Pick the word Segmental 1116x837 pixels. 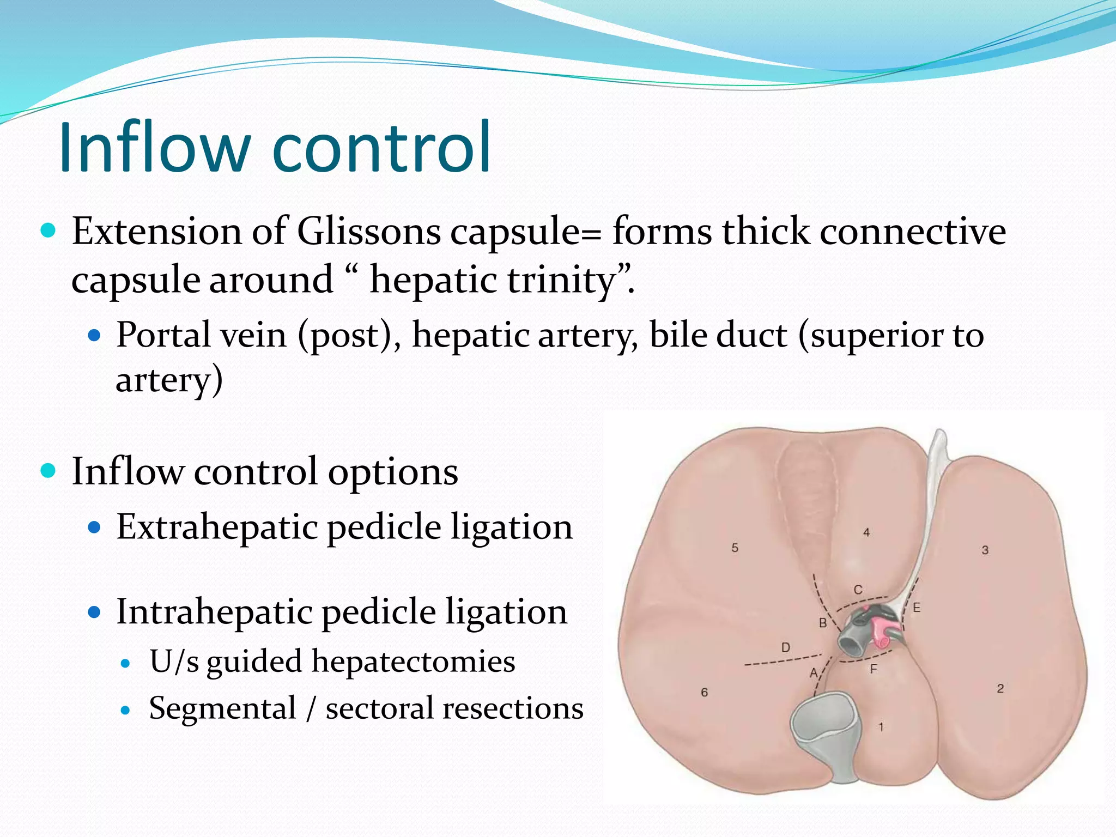pyautogui.click(x=222, y=708)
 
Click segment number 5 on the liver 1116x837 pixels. pyautogui.click(x=735, y=548)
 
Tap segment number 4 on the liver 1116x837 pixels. pyautogui.click(x=866, y=532)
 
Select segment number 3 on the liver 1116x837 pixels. pyautogui.click(x=985, y=550)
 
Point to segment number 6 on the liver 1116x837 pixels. pyautogui.click(x=704, y=692)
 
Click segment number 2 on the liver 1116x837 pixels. pyautogui.click(x=1000, y=688)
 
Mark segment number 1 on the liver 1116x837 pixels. pyautogui.click(x=881, y=726)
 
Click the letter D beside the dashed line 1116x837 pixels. pyautogui.click(x=785, y=647)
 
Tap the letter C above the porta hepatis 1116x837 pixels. pyautogui.click(x=858, y=590)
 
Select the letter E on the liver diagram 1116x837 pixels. pyautogui.click(x=917, y=607)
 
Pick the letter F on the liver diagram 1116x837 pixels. pyautogui.click(x=874, y=669)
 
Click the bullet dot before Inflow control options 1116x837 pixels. pyautogui.click(x=48, y=470)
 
